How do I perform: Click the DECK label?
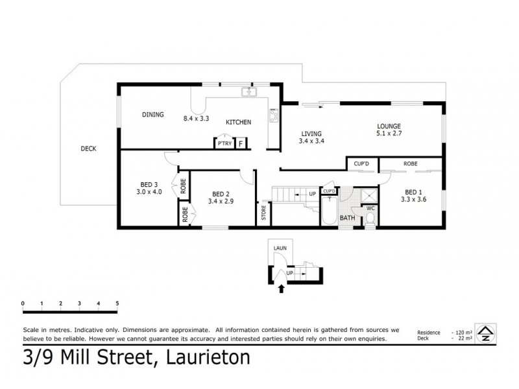(88, 148)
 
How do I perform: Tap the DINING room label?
(153, 115)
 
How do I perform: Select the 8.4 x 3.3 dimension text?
(197, 119)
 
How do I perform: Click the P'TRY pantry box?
(224, 143)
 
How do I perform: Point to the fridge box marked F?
(241, 143)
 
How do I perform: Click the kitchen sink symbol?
(248, 93)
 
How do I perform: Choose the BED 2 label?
(221, 194)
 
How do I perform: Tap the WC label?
(371, 208)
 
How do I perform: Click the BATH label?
(348, 218)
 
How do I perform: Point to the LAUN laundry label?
(280, 248)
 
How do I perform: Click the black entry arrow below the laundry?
(280, 289)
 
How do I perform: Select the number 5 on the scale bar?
(117, 303)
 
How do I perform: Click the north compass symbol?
(483, 332)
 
